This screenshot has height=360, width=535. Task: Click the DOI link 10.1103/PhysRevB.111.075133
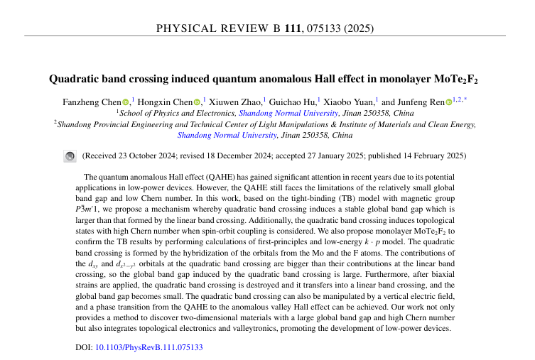pyautogui.click(x=149, y=348)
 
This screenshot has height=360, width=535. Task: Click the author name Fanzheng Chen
pyautogui.click(x=92, y=102)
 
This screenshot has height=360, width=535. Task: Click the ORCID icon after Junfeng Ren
pyautogui.click(x=448, y=103)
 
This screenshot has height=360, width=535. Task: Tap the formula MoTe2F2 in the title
pyautogui.click(x=454, y=79)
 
